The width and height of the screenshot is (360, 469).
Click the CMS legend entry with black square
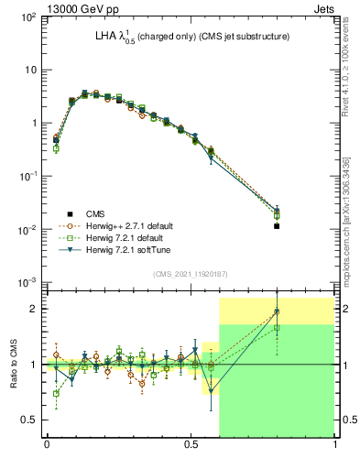95,213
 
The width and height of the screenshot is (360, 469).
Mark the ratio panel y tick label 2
33,309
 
